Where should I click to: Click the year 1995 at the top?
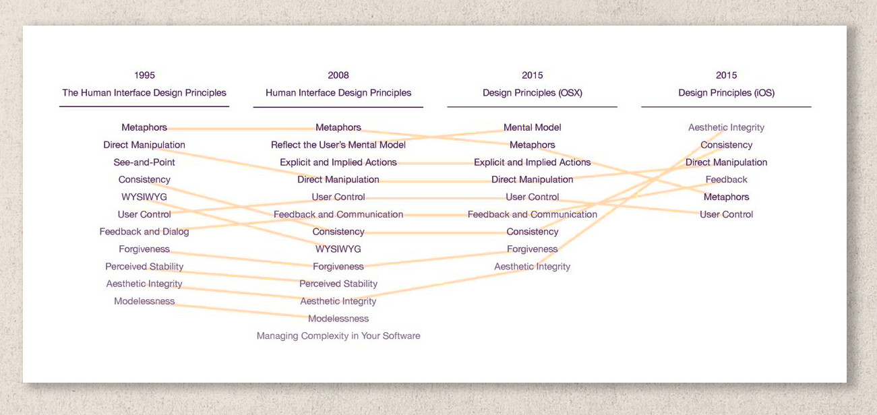144,75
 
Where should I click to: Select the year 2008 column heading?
338,75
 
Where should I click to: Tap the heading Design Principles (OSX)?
532,93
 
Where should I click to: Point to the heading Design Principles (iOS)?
726,93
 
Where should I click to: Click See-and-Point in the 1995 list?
144,162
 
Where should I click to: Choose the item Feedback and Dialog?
144,232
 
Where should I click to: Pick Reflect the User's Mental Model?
338,145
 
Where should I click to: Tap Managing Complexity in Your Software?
338,336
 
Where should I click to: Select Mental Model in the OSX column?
532,127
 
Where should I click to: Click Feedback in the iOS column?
726,180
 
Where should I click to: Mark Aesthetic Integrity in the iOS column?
726,127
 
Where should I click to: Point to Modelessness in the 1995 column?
144,301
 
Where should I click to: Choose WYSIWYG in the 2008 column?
338,249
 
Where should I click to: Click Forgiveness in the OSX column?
532,249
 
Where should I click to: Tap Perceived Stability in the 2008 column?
338,284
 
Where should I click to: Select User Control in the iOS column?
726,214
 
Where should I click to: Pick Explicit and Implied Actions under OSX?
532,162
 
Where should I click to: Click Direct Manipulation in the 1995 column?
144,145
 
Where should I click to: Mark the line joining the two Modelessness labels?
241,310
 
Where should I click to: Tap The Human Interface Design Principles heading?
144,93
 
